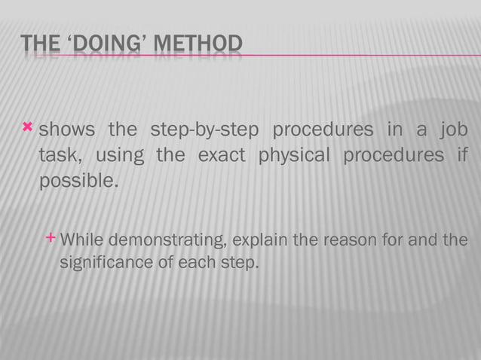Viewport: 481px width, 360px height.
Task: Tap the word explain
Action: [259, 241]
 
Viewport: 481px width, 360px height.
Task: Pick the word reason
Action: [345, 241]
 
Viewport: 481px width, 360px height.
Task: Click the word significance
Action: [106, 264]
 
